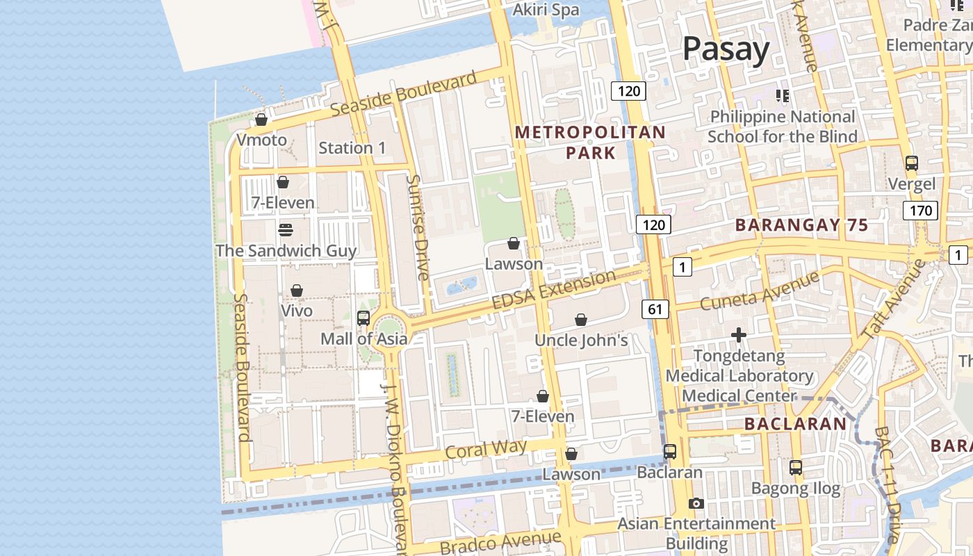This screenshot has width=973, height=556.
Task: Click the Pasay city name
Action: pos(726,49)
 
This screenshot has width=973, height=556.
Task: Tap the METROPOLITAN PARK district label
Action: pos(590,142)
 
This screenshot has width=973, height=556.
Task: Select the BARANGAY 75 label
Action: pos(802,225)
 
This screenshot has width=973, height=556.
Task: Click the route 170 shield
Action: pos(920,210)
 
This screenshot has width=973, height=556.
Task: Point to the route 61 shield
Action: pos(657,309)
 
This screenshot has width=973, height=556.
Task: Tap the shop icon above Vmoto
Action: pos(261,120)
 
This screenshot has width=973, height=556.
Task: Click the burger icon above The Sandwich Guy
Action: pos(285,229)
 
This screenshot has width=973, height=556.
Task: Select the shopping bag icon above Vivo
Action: pos(297,291)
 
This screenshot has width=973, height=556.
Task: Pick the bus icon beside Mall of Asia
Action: pos(363,318)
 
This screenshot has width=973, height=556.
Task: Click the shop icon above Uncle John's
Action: pos(581,320)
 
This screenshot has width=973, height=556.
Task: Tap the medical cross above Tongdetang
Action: pos(739,336)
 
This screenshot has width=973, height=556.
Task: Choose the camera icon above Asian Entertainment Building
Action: pos(696,504)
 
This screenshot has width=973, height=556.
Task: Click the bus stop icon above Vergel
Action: pos(912,163)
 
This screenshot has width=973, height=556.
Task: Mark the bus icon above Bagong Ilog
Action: pos(796,468)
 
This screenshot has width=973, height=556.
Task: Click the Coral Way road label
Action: pos(486,449)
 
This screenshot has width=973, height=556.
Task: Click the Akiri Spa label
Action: pos(546,10)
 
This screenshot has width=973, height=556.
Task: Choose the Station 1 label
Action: pos(352,147)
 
